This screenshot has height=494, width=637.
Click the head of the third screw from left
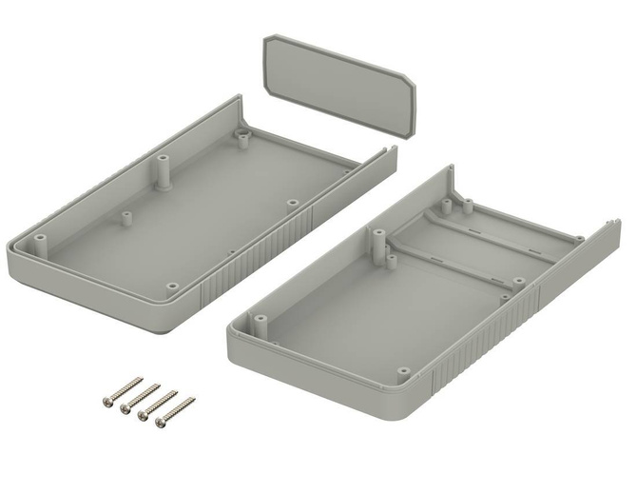143,415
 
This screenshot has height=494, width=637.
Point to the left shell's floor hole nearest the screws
171,286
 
